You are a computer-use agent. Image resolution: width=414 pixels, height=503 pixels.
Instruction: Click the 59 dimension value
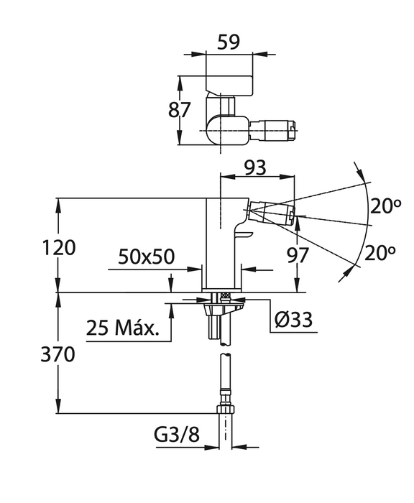point(229,42)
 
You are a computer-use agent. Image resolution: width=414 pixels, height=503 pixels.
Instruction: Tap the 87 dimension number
point(180,110)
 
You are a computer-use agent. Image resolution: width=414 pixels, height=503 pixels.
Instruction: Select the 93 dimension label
point(255,167)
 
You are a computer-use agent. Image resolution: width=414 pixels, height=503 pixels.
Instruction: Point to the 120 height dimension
point(59,248)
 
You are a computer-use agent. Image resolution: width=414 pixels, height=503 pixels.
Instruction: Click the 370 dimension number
point(57,355)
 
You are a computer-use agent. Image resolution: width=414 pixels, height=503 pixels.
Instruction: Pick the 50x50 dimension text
point(147,257)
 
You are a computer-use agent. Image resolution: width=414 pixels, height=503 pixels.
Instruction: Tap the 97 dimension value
point(298,255)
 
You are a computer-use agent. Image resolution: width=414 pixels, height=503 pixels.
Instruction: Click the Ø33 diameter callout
point(293,319)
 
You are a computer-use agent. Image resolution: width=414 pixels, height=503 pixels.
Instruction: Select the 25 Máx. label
point(123,328)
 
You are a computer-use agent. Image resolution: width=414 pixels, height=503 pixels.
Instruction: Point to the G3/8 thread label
point(177,435)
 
